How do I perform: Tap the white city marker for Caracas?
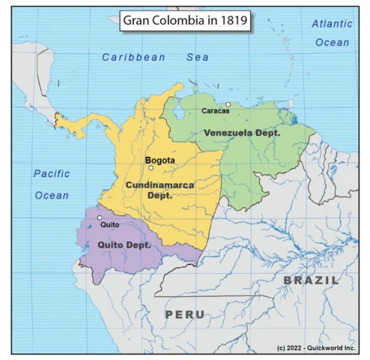pyautogui.click(x=228, y=104)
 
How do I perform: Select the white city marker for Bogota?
pyautogui.click(x=151, y=168)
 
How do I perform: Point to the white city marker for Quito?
pyautogui.click(x=100, y=217)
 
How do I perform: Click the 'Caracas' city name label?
pyautogui.click(x=216, y=111)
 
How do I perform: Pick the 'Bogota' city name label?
pyautogui.click(x=160, y=160)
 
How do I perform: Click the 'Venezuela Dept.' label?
pyautogui.click(x=242, y=133)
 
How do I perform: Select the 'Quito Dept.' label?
pyautogui.click(x=124, y=244)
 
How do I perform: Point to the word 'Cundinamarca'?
pyautogui.click(x=160, y=184)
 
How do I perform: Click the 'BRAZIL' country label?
pyautogui.click(x=310, y=280)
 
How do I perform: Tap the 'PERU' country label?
pyautogui.click(x=185, y=314)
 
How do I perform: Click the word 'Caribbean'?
pyautogui.click(x=134, y=57)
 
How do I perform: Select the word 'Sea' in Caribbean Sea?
pyautogui.click(x=198, y=57)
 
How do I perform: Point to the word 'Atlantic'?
pyautogui.click(x=332, y=24)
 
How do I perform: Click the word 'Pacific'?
pyautogui.click(x=52, y=174)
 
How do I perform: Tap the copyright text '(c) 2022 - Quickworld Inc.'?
pyautogui.click(x=314, y=348)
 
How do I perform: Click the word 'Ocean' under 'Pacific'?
pyautogui.click(x=52, y=195)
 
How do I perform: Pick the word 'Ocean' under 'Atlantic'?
pyautogui.click(x=332, y=43)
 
